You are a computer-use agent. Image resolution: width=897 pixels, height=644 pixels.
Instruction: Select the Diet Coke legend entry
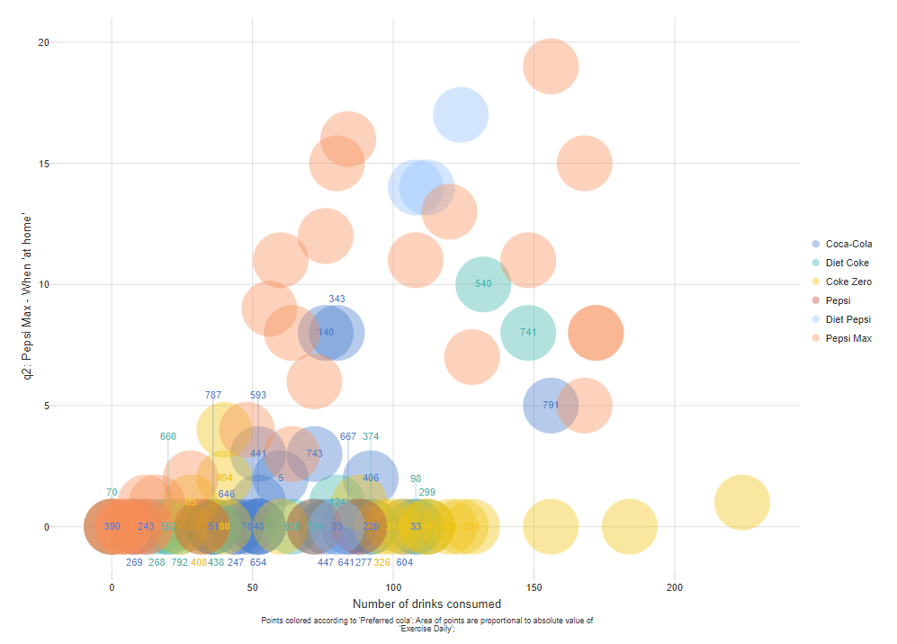click(847, 263)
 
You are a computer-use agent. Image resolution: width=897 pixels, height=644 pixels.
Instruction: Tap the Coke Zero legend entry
click(848, 282)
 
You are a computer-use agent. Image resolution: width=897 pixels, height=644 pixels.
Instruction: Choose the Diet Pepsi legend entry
click(847, 319)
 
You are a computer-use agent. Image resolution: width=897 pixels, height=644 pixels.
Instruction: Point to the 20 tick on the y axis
click(44, 42)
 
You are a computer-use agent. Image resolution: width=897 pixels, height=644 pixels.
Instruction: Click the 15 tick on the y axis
click(44, 164)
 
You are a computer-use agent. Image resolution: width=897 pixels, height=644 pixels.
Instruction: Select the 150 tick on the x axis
click(534, 587)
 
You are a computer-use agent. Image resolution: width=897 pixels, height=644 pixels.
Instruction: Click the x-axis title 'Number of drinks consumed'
click(426, 604)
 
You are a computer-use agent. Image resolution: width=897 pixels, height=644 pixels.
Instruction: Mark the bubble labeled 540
click(483, 284)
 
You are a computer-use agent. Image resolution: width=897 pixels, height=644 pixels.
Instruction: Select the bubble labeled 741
click(528, 333)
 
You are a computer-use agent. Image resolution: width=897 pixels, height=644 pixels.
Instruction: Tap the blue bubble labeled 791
click(551, 406)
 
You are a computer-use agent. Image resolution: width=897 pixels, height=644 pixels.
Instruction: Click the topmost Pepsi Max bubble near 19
click(551, 67)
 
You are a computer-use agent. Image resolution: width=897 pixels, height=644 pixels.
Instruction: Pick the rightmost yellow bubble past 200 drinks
click(742, 503)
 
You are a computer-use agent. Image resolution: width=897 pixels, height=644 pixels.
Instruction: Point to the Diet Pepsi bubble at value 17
click(461, 115)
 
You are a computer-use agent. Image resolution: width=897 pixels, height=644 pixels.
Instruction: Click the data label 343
click(336, 299)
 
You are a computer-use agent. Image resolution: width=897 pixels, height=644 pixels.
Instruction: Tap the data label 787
click(213, 395)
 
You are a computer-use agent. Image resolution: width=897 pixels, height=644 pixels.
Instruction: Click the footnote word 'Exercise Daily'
click(428, 629)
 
